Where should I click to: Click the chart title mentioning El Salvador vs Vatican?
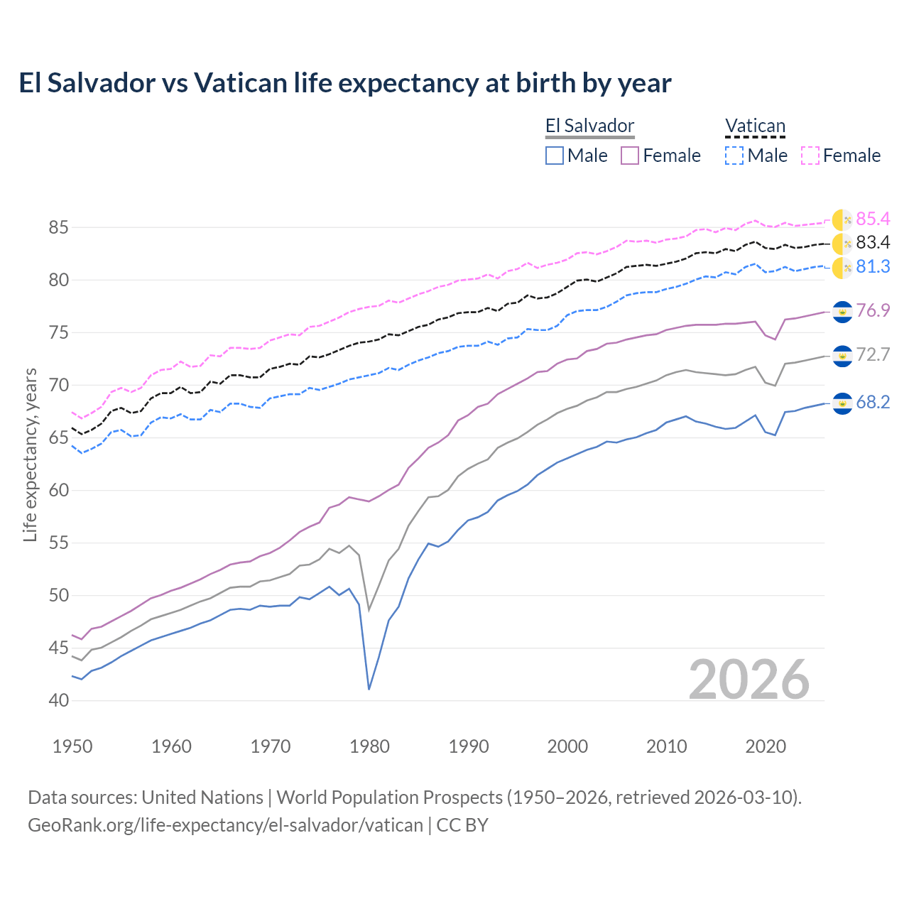[344, 83]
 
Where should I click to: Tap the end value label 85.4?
[873, 219]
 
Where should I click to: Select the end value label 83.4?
[873, 243]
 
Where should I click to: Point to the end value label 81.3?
[873, 266]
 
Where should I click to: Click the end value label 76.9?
[873, 310]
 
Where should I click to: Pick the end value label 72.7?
[873, 355]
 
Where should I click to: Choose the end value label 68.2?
[873, 403]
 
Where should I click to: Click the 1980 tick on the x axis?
[369, 746]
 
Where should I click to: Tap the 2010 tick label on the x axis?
[666, 746]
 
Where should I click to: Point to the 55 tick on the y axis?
[59, 543]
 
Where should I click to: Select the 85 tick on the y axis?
[59, 228]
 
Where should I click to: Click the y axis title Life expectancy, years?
[30, 454]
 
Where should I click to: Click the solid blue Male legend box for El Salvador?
[555, 156]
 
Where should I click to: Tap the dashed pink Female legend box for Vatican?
[810, 156]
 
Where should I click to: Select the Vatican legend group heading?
[755, 126]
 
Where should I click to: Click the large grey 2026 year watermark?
[749, 680]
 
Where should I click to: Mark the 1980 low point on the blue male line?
[369, 689]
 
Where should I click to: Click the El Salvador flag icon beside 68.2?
[842, 403]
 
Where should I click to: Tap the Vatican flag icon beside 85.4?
[842, 220]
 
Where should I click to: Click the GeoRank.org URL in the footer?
[225, 825]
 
